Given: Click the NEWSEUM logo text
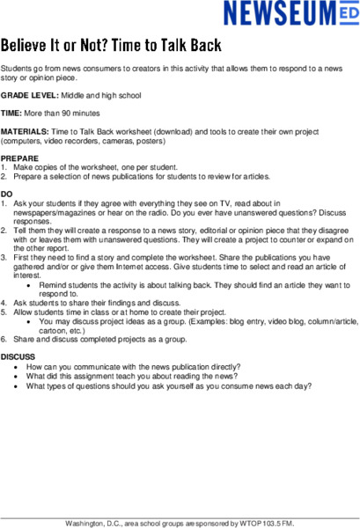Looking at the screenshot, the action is pos(276,13).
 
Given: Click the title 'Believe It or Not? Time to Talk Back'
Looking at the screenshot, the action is pos(110,44).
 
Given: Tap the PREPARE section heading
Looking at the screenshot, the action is pos(19,158).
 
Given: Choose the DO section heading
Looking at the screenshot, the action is pos(7,194).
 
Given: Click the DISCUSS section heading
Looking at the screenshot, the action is pos(18,356).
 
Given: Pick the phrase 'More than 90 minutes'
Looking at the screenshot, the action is pos(62,114).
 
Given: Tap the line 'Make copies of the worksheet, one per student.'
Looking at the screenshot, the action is pos(96,167).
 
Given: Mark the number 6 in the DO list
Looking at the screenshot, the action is pos(4,338).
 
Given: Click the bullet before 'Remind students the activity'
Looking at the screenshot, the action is pos(31,285).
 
